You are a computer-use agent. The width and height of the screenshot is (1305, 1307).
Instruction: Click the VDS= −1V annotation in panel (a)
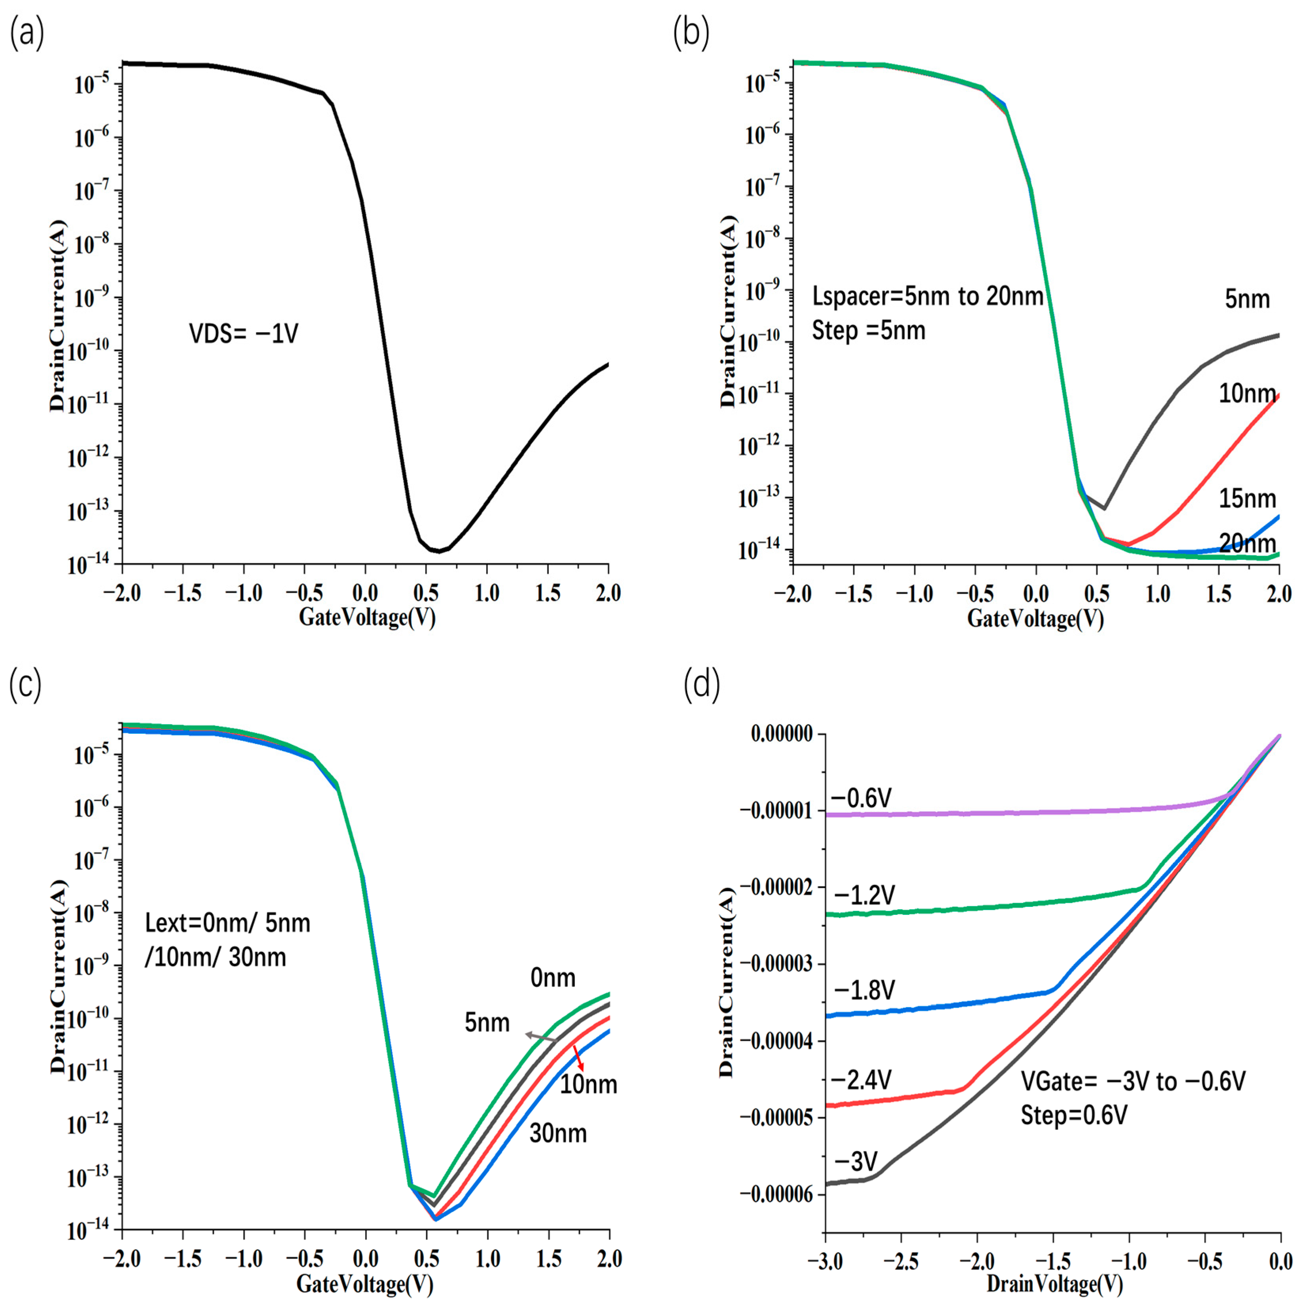pyautogui.click(x=244, y=334)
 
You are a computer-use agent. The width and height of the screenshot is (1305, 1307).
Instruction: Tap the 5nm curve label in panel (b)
pyautogui.click(x=1247, y=299)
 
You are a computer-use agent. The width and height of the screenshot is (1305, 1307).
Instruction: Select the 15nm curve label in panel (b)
pyautogui.click(x=1247, y=499)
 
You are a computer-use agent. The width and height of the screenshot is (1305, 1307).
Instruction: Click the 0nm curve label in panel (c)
pyautogui.click(x=553, y=978)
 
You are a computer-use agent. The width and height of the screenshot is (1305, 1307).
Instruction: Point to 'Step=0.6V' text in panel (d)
pyautogui.click(x=1074, y=1115)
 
